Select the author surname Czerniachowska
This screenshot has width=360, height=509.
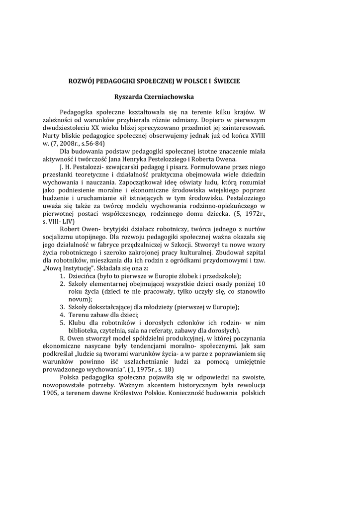pyautogui.click(x=200, y=96)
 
